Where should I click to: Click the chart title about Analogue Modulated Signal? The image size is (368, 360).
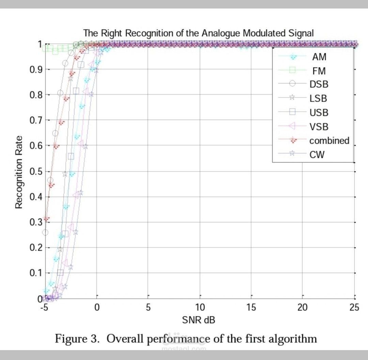198,33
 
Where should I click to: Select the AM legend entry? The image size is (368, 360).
319,57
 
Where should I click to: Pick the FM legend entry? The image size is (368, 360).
319,71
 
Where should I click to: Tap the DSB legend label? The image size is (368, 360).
319,84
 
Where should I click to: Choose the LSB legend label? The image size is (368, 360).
318,99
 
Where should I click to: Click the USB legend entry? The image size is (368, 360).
319,112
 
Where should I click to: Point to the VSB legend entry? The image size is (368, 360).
319,127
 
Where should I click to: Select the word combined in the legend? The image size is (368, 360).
329,140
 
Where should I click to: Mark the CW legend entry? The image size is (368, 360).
317,155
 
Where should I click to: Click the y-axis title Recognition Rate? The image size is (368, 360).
19,172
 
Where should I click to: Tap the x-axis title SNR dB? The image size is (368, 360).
199,320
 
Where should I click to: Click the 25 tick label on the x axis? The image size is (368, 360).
354,308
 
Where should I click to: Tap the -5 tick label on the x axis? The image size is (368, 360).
43,308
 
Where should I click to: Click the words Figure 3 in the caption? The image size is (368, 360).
77,339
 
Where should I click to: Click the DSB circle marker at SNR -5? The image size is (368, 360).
45,232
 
